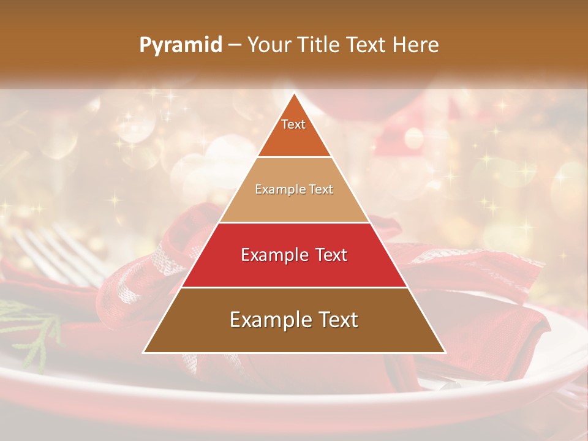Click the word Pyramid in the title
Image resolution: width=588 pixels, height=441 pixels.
pos(180,45)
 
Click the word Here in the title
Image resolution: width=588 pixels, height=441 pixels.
pos(416,45)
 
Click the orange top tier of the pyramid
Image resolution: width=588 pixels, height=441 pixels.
pos(294,138)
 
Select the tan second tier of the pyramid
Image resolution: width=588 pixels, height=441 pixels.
pos(294,205)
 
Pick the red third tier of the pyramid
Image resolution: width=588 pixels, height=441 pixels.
pos(294,269)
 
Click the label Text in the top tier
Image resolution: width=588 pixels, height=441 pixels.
pos(293,124)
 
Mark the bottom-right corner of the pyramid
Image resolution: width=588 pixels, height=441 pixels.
pos(445,352)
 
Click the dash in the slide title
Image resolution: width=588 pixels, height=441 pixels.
pos(235,45)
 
